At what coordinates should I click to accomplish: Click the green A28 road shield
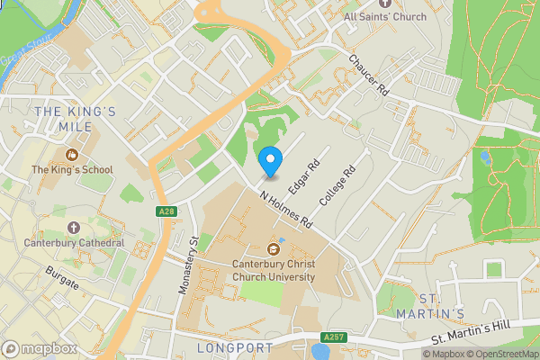[165, 211]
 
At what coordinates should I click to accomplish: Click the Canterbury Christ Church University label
[274, 271]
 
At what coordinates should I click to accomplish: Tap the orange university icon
[274, 249]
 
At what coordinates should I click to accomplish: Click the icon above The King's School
[71, 154]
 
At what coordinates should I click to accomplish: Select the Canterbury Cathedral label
[75, 243]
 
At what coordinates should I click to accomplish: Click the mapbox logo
[40, 348]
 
